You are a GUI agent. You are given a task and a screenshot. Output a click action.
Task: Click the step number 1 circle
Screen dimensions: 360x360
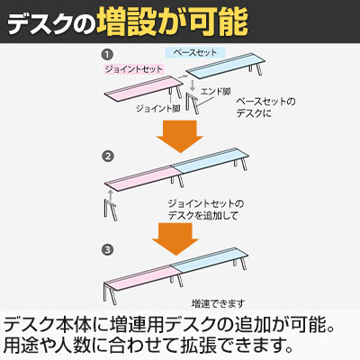(107, 55)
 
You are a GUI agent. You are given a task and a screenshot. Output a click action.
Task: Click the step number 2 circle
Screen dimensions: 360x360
(107, 157)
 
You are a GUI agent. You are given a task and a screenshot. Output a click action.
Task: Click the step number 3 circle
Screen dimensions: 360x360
(107, 249)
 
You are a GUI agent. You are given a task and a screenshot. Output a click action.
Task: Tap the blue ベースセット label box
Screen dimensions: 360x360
(195, 53)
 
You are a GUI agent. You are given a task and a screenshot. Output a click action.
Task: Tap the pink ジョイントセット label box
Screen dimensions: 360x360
(134, 69)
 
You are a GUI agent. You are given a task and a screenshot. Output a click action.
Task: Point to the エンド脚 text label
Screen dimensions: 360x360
(216, 92)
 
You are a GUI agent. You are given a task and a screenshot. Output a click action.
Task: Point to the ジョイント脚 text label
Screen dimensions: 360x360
(158, 108)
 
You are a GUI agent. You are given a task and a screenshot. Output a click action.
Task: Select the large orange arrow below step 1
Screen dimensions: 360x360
(180, 136)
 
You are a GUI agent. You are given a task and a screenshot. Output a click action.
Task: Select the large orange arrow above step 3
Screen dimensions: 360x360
(175, 238)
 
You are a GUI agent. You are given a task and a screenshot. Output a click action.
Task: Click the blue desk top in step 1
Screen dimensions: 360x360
(226, 67)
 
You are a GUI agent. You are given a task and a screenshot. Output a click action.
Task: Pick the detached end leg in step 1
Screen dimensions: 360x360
(193, 103)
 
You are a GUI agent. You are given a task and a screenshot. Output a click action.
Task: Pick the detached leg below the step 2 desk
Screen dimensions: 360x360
(111, 210)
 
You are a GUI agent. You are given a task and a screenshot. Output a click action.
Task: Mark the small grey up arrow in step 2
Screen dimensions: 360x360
(111, 193)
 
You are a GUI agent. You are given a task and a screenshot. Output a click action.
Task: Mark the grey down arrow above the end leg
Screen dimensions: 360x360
(193, 85)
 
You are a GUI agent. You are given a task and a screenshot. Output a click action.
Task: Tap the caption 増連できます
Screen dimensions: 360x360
(218, 303)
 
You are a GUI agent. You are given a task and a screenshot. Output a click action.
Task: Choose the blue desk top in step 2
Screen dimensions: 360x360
(210, 161)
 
